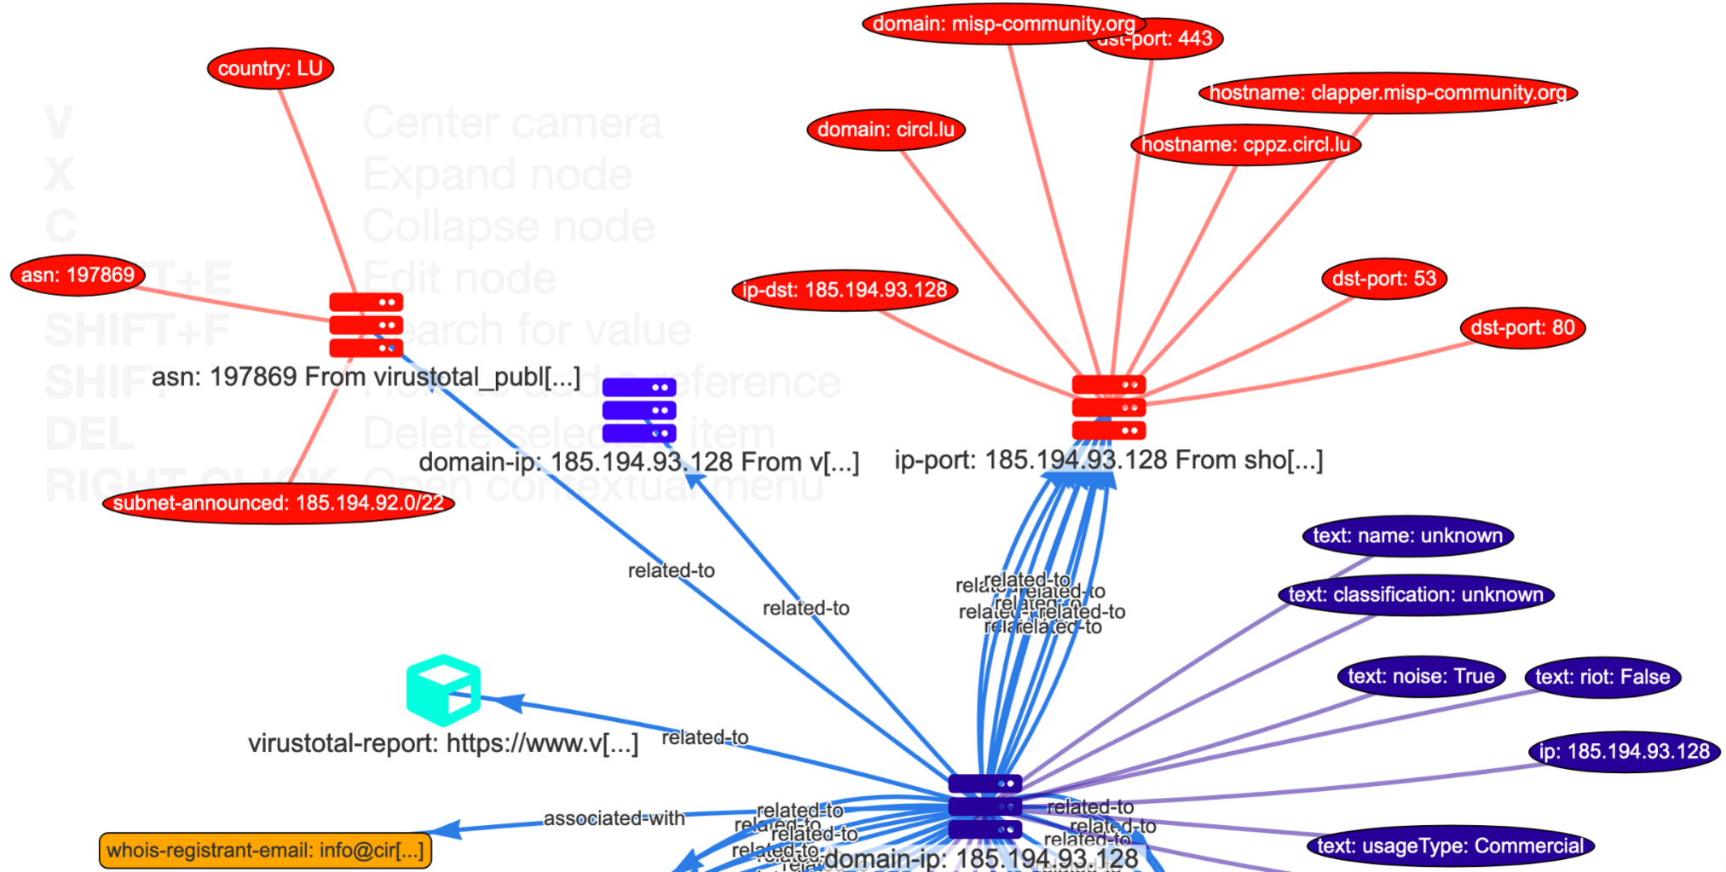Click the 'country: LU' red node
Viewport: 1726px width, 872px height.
pyautogui.click(x=270, y=69)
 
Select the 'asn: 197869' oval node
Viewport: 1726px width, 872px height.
pyautogui.click(x=78, y=275)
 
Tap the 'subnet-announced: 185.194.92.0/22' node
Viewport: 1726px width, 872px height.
pyautogui.click(x=278, y=503)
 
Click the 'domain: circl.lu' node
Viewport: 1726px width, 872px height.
pyautogui.click(x=886, y=130)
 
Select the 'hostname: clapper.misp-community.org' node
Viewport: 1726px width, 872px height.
pyautogui.click(x=1388, y=93)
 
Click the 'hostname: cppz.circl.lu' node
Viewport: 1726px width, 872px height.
pyautogui.click(x=1245, y=145)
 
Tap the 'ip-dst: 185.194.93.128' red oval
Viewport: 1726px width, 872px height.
pyautogui.click(x=845, y=290)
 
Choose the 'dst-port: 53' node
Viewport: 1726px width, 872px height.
pyautogui.click(x=1384, y=279)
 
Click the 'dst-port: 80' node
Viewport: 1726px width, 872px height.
pyautogui.click(x=1522, y=328)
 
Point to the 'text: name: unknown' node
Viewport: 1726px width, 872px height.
pyautogui.click(x=1407, y=536)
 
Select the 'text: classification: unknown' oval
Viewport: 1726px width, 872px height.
pyautogui.click(x=1416, y=595)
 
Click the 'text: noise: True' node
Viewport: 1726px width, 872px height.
pyautogui.click(x=1421, y=677)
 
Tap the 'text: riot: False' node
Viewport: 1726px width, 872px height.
pyautogui.click(x=1602, y=678)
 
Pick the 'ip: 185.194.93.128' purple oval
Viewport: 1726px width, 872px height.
pyautogui.click(x=1624, y=752)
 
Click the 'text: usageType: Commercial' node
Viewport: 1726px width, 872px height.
pyautogui.click(x=1450, y=846)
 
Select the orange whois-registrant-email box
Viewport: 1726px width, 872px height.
pyautogui.click(x=265, y=851)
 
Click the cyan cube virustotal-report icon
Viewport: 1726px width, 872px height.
pyautogui.click(x=443, y=690)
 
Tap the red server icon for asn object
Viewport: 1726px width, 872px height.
pyautogui.click(x=366, y=325)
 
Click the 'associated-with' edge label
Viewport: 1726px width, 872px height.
pyautogui.click(x=614, y=819)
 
